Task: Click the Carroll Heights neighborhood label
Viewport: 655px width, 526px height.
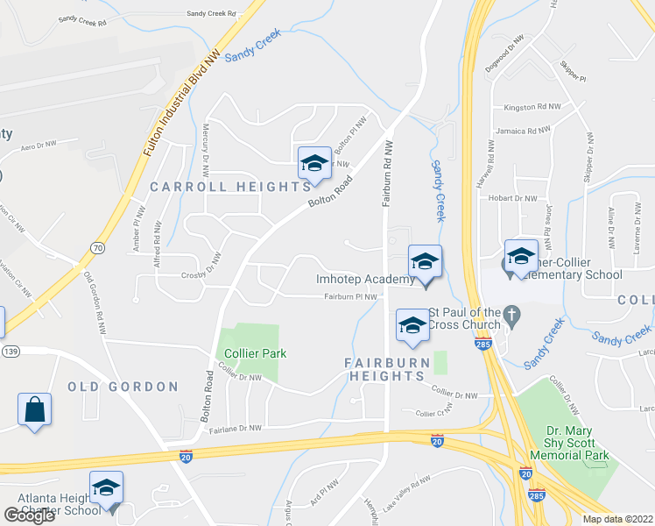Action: (230, 187)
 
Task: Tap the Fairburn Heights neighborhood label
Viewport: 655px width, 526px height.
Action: (386, 369)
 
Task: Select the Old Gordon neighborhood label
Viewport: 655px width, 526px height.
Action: (123, 387)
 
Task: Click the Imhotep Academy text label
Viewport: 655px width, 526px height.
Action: (364, 280)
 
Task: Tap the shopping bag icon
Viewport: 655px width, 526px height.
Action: (34, 409)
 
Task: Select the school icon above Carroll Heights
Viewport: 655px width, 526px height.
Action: (314, 162)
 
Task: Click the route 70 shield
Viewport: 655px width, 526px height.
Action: (97, 248)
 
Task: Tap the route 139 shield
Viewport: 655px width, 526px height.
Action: (11, 351)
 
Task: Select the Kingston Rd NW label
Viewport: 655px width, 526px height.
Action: (532, 106)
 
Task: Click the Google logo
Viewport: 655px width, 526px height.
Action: (30, 515)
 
